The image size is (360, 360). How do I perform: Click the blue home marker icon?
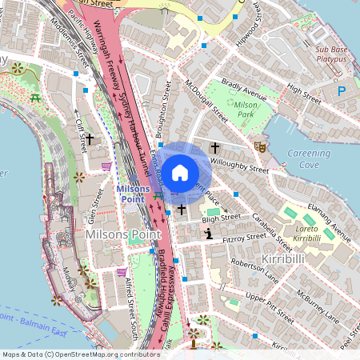click(x=180, y=172)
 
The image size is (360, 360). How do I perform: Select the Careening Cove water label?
click(x=308, y=158)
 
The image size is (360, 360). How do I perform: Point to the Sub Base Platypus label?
click(x=330, y=54)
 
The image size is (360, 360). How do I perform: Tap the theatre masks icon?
click(x=259, y=146)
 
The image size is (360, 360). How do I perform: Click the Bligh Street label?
click(x=222, y=218)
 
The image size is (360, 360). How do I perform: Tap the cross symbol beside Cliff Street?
click(x=90, y=139)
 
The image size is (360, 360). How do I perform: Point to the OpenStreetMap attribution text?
click(x=70, y=354)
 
